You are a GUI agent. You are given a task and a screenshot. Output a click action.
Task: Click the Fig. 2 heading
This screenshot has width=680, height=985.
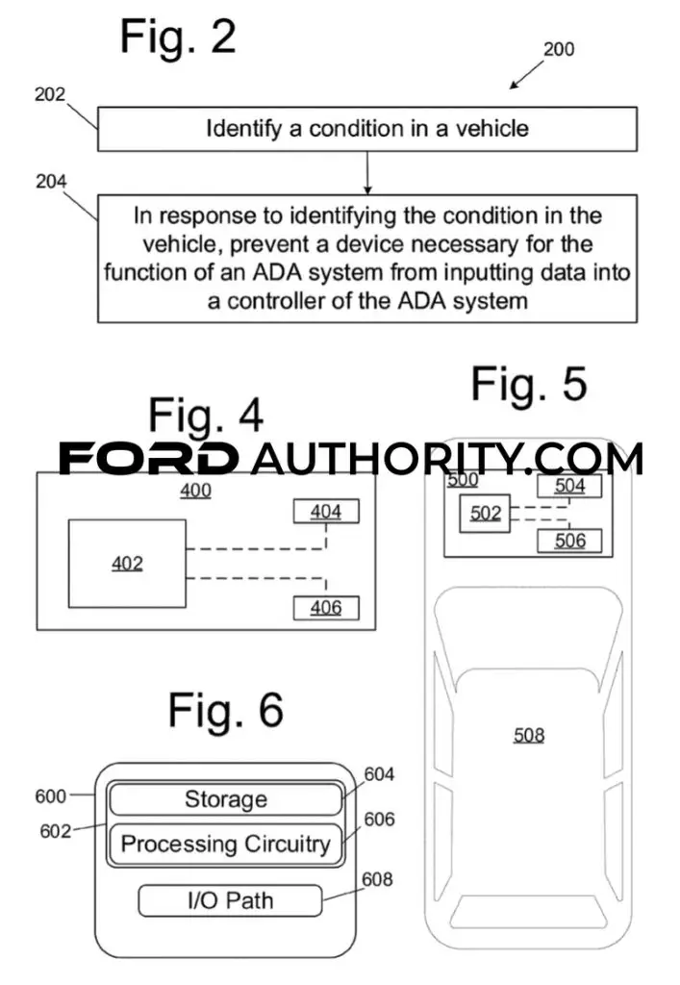tap(178, 38)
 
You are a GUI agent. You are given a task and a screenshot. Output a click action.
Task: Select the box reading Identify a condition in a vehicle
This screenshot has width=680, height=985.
tap(367, 129)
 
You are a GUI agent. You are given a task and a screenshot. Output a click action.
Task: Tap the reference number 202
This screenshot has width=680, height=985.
tap(50, 94)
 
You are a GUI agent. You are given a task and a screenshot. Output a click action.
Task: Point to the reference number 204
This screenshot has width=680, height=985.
tap(51, 182)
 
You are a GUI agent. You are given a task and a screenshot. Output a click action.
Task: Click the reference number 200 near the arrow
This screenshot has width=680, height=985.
tap(559, 49)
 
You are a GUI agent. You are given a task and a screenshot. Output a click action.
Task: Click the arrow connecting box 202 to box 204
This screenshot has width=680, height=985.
tap(367, 173)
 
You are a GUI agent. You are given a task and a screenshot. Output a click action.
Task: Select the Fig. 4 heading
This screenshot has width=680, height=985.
tap(206, 416)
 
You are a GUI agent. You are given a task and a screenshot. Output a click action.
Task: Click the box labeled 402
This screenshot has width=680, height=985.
tap(127, 564)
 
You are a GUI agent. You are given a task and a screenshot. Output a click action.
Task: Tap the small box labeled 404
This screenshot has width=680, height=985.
tap(326, 512)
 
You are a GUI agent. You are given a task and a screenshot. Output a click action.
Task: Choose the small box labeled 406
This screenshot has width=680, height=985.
tap(326, 608)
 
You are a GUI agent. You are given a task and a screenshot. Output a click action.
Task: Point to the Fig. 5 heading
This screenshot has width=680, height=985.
tap(529, 385)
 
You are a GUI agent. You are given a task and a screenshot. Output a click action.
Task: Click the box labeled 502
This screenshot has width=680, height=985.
tap(485, 514)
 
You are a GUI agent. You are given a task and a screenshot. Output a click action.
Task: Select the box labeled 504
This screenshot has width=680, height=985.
tap(569, 486)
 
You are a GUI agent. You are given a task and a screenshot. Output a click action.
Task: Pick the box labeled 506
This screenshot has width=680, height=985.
tap(569, 541)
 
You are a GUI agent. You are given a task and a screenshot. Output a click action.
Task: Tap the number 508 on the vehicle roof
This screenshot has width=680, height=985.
tap(529, 735)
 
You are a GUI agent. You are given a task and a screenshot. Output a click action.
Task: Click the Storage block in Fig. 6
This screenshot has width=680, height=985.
tap(226, 799)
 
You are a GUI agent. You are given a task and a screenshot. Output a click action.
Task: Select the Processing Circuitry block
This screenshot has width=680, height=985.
tap(226, 844)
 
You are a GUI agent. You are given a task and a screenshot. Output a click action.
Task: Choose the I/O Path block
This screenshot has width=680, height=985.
tap(231, 900)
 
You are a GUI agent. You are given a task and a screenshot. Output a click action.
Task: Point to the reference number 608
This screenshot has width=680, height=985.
tap(377, 879)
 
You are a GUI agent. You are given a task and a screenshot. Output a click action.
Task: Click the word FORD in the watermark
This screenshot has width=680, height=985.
tap(148, 458)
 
